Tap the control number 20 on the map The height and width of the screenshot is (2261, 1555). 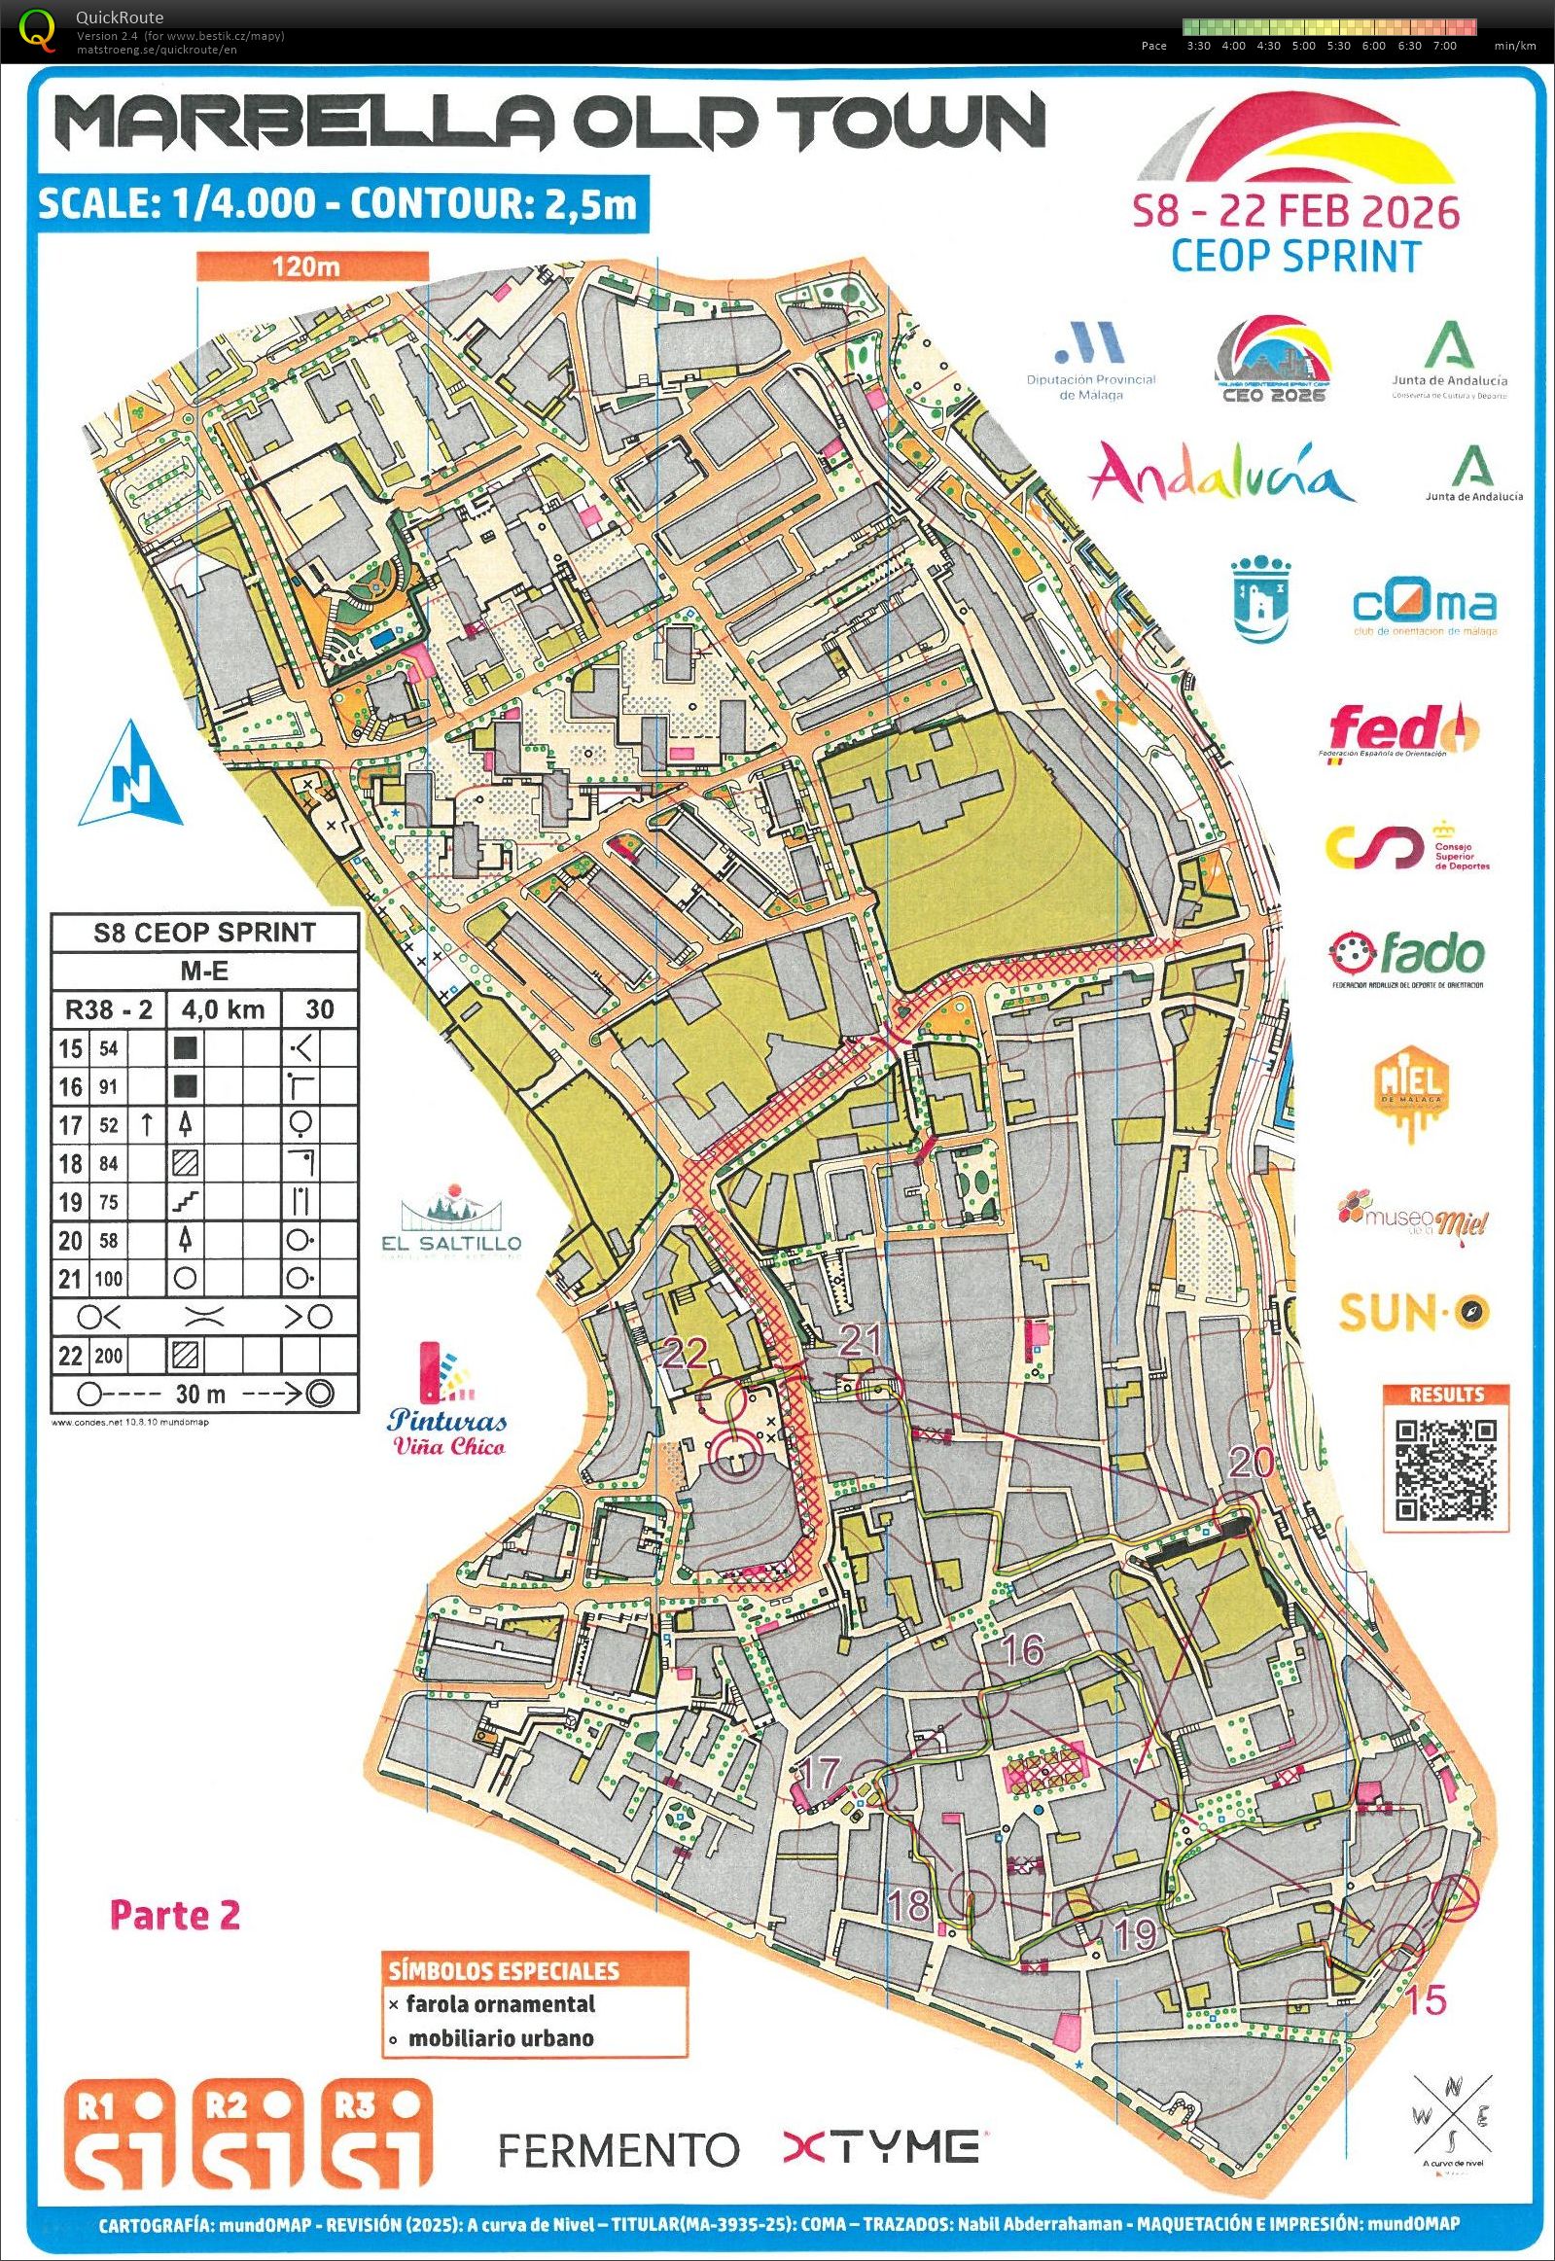1251,1463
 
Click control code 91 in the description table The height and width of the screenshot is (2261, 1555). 107,1086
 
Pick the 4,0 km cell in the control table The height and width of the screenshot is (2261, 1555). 223,1009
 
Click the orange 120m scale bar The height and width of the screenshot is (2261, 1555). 312,265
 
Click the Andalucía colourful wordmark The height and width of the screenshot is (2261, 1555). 1220,476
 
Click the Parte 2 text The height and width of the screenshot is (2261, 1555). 174,1914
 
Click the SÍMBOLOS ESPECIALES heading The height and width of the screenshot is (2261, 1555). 504,1970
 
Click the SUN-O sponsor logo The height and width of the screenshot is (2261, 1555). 1414,1313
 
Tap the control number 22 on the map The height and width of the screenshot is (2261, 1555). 683,1352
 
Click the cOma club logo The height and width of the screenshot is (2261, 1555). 1424,606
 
